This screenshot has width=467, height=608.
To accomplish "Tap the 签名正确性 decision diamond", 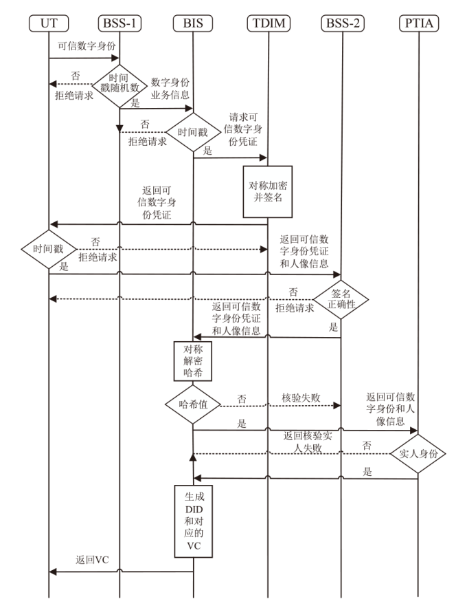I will click(341, 298).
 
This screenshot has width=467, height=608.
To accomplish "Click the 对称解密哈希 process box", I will click(193, 361).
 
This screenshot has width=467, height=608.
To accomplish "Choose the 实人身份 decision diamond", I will click(418, 454).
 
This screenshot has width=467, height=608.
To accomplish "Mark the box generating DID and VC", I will click(193, 521).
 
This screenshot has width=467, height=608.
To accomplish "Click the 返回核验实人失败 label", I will click(306, 442).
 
